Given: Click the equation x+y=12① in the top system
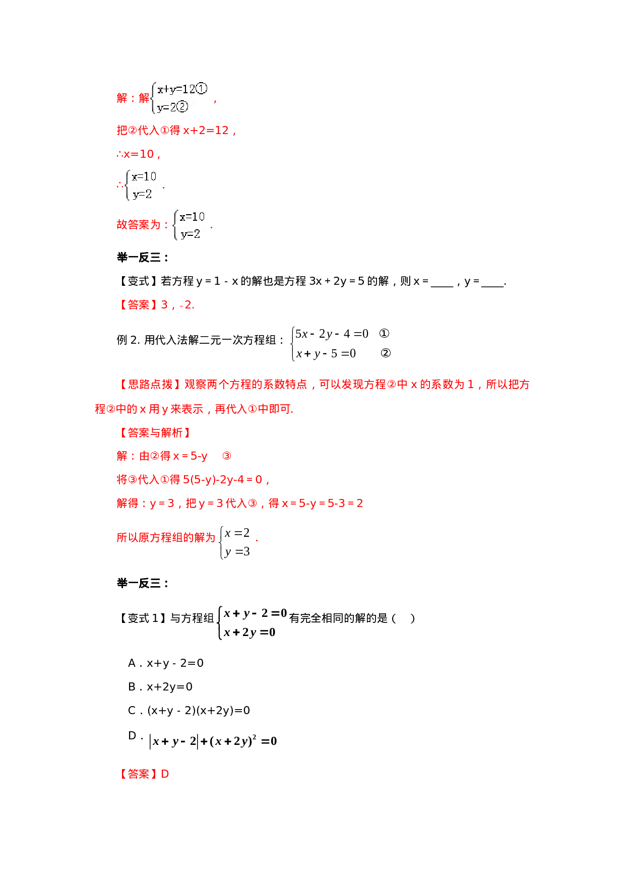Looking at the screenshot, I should [x=181, y=90].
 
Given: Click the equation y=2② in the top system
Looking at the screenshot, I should [x=172, y=107].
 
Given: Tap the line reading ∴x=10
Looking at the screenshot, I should [x=138, y=154].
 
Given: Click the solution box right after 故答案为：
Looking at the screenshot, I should [x=189, y=225].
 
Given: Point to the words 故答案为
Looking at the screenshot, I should [x=139, y=225].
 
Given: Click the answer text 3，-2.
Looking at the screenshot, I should [x=177, y=305].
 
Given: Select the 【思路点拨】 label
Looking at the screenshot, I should [x=150, y=385].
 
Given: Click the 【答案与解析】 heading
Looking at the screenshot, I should [x=155, y=433].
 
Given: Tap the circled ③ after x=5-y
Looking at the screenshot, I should [x=227, y=456].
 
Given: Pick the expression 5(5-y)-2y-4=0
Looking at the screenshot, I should [x=223, y=480].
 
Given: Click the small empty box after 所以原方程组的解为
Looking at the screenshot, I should [x=233, y=543].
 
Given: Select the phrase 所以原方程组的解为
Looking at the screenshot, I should [x=166, y=538].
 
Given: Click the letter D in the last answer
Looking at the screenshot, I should [x=165, y=774].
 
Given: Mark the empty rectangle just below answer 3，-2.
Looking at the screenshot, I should [x=340, y=344].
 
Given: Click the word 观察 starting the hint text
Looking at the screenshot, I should [x=195, y=385].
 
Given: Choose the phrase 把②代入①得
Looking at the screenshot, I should [x=149, y=131].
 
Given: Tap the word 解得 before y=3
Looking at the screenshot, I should [x=128, y=503].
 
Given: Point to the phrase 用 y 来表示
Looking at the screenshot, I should [x=176, y=409].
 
